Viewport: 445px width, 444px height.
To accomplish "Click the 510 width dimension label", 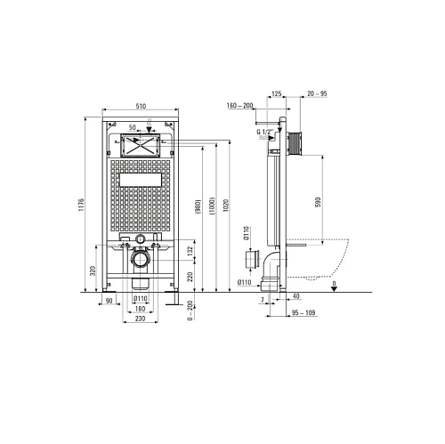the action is click(141, 106).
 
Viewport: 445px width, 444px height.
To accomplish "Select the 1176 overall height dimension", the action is click(81, 205).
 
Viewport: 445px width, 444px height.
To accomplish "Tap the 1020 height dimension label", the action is click(226, 205).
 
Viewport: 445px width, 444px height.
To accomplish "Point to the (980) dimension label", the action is click(198, 206).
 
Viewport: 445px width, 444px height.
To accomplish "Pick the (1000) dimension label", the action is click(212, 206).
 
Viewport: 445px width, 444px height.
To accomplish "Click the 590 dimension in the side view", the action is click(318, 202).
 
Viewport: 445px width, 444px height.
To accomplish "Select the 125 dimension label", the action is click(276, 93).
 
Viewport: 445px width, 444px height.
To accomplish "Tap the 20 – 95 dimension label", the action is click(317, 93).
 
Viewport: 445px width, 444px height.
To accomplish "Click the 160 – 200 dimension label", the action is click(239, 106).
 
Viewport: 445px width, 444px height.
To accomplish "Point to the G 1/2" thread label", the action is click(265, 132).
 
